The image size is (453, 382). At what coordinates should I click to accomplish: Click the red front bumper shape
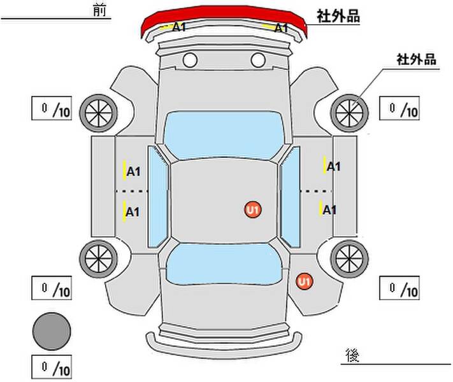(x=223, y=15)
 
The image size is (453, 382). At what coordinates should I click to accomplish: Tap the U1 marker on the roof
(x=253, y=209)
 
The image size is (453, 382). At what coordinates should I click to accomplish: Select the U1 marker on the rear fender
(x=304, y=281)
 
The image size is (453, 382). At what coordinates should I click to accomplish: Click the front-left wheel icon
(x=99, y=113)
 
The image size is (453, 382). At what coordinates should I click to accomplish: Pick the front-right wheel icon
(x=349, y=113)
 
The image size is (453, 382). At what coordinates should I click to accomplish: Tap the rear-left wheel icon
(x=99, y=258)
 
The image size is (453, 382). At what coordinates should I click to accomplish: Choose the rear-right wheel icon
(x=349, y=258)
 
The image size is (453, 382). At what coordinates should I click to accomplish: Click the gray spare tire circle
(x=52, y=331)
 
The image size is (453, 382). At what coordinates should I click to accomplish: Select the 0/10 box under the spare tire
(x=52, y=367)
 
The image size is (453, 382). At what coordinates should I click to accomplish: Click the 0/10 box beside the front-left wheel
(x=52, y=108)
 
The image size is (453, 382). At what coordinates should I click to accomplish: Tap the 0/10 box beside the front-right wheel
(x=399, y=108)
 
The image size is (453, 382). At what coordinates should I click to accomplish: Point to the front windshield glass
(x=224, y=135)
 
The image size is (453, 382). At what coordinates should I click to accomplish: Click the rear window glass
(x=224, y=264)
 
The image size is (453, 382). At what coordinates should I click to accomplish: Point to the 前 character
(x=99, y=10)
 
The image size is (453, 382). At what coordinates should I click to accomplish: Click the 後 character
(x=352, y=355)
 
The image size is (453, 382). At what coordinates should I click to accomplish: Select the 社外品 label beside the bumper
(x=338, y=16)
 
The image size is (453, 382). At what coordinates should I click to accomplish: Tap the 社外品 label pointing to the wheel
(x=416, y=59)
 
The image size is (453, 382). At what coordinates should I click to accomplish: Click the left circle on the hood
(x=190, y=60)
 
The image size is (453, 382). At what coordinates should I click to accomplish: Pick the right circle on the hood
(x=258, y=60)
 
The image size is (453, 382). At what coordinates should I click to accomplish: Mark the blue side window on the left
(x=158, y=197)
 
